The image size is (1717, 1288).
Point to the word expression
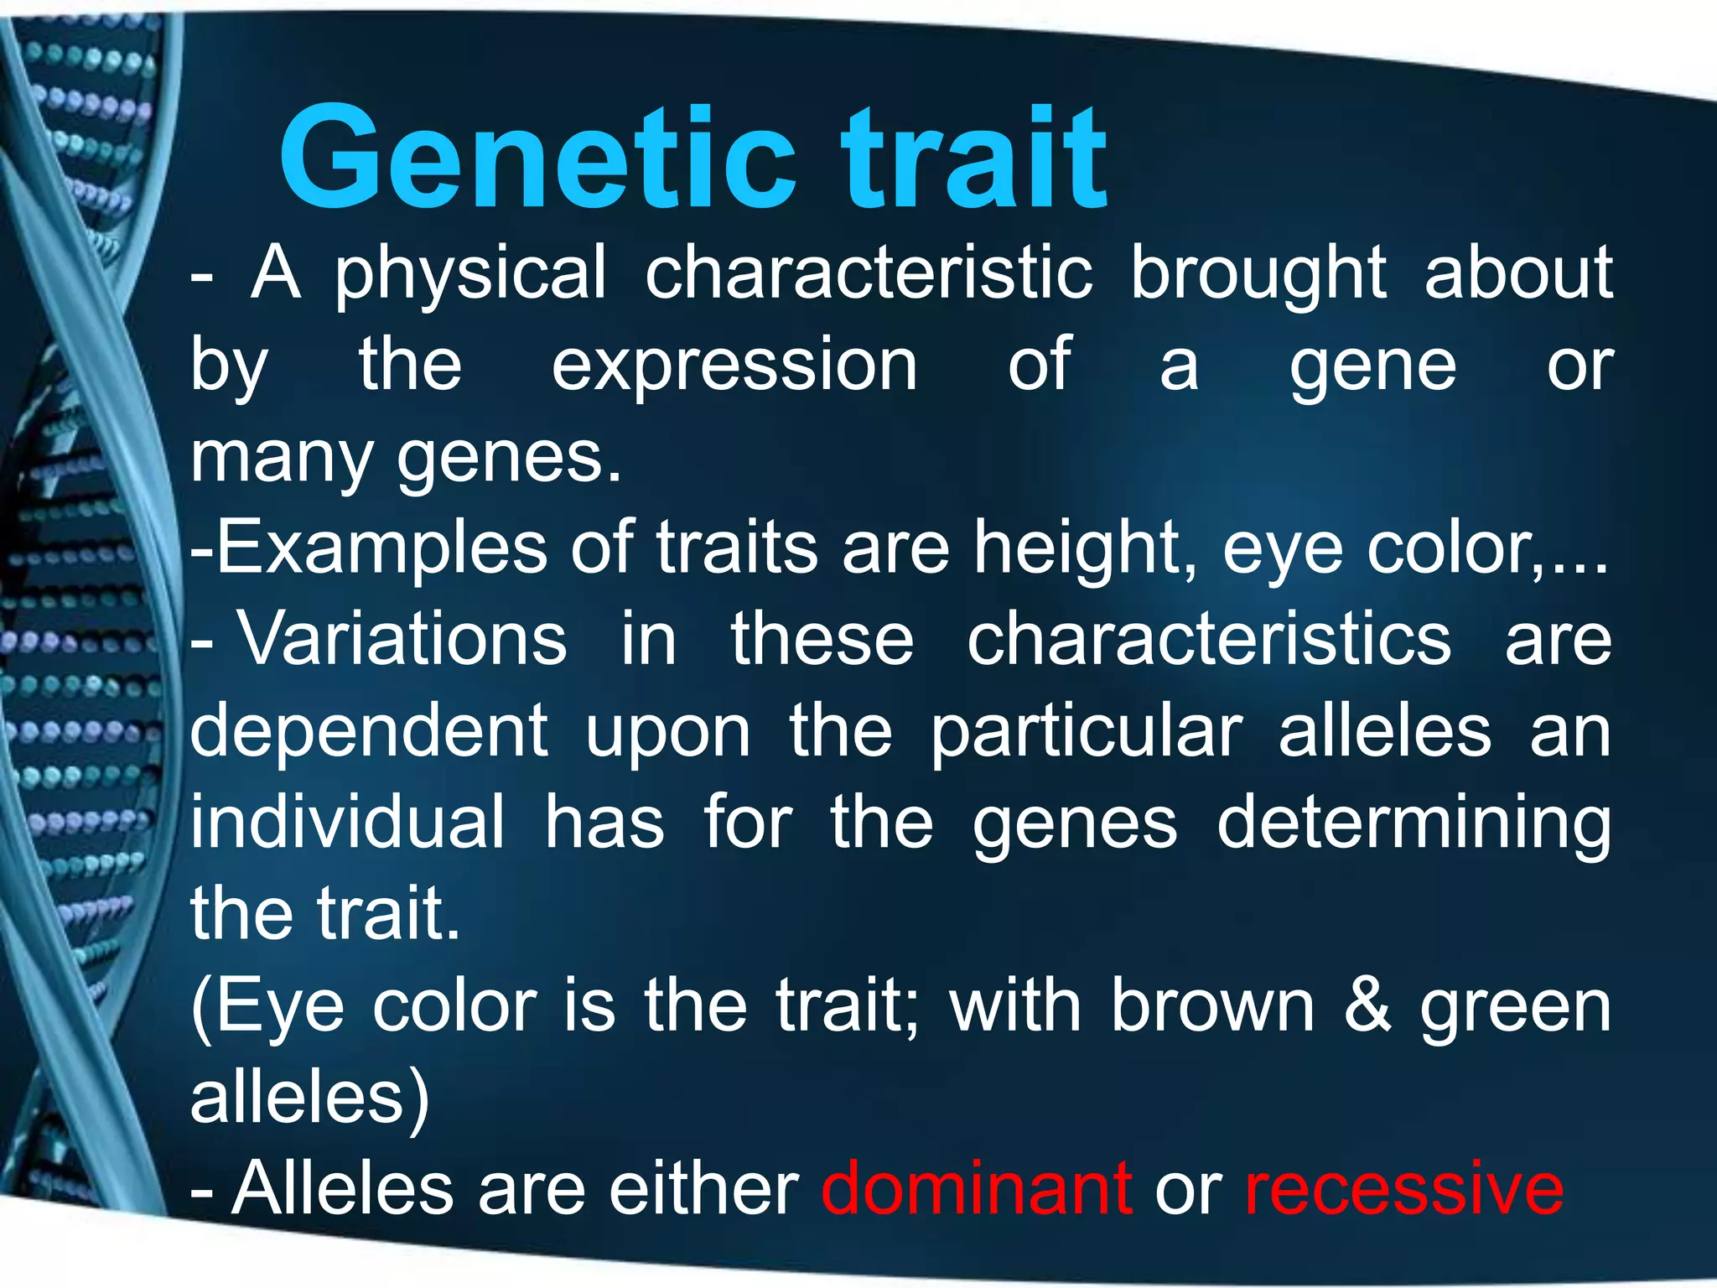point(734,366)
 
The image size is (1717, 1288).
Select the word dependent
point(369,731)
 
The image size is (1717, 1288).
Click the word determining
point(1414,823)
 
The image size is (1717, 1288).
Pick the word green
point(1516,1008)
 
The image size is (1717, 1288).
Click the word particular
point(1087,731)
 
